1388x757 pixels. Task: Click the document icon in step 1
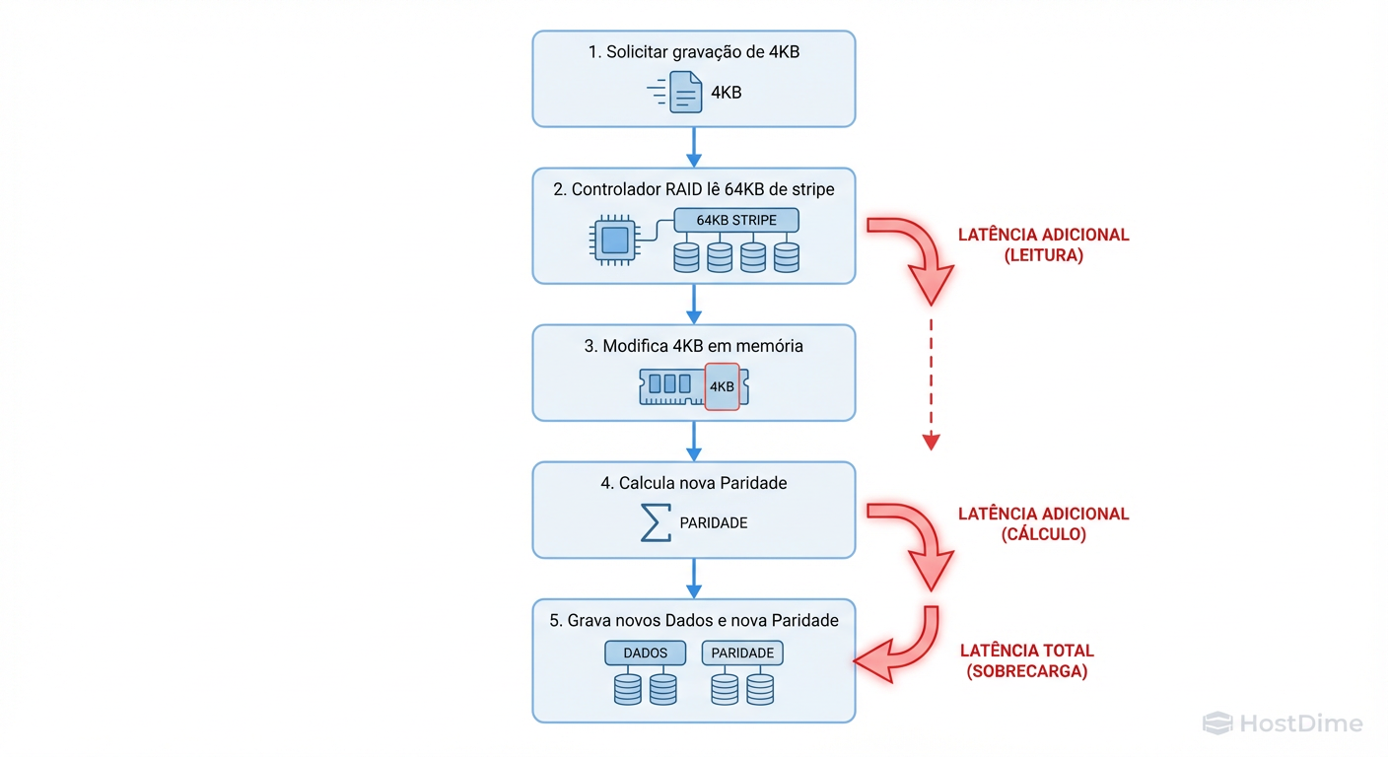click(x=686, y=93)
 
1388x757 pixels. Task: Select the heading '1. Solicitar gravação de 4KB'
click(x=693, y=52)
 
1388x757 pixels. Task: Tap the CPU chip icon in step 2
click(x=614, y=240)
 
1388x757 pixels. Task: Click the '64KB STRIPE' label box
click(x=736, y=220)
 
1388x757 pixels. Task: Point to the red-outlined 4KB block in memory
click(x=722, y=386)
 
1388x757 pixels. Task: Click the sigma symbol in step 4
click(x=656, y=522)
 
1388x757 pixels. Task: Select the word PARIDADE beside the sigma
click(x=714, y=523)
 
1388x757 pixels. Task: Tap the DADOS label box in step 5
click(x=645, y=653)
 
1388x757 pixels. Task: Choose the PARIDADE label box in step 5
click(x=742, y=653)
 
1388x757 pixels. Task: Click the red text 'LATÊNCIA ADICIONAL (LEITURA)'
click(x=1043, y=244)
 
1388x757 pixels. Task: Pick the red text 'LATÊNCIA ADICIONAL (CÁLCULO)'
click(x=1043, y=523)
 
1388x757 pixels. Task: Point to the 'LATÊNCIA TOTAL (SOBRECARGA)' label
click(x=1026, y=660)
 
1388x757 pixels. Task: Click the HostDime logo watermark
click(x=1283, y=723)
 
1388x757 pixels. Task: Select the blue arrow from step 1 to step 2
click(x=693, y=147)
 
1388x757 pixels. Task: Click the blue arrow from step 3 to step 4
click(x=693, y=441)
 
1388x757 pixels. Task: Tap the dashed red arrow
click(x=931, y=384)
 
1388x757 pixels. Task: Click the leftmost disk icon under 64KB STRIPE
click(x=686, y=257)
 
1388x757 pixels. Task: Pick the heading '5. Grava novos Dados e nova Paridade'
click(x=693, y=620)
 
